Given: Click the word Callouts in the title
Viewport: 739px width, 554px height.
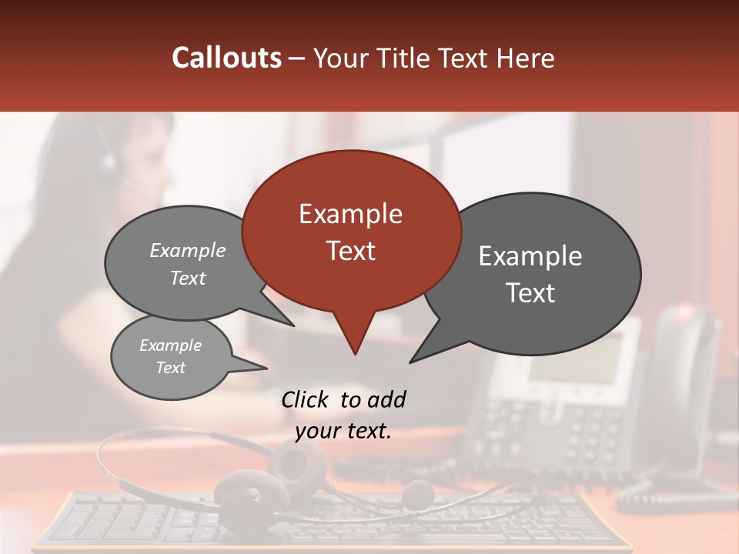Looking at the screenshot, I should [x=226, y=58].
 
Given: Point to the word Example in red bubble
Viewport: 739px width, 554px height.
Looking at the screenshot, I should [x=350, y=214].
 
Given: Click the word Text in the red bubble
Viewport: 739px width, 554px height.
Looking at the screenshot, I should [x=350, y=251].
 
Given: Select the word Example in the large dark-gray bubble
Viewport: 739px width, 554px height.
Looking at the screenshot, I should [x=530, y=256].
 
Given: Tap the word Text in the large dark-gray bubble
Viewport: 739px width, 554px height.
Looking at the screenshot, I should [x=530, y=293].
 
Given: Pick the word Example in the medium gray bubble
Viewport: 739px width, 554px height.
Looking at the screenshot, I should [x=188, y=250].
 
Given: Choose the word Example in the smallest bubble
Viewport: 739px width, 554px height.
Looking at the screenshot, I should [x=170, y=345].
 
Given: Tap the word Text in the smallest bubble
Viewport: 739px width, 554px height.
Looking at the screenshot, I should [x=170, y=368].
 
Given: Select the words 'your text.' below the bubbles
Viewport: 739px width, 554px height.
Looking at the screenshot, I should [x=343, y=431].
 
